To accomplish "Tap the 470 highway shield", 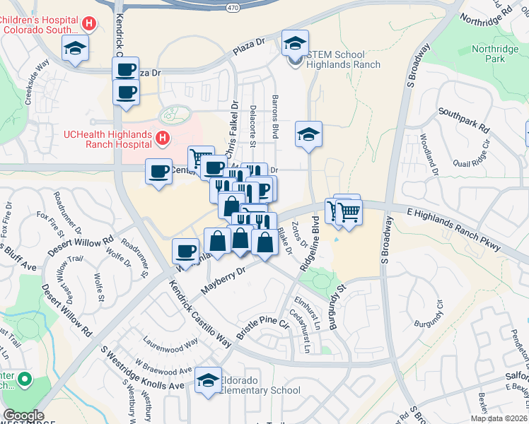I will tap(233, 7).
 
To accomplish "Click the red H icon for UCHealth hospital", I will tap(163, 139).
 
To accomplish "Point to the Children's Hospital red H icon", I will tap(89, 23).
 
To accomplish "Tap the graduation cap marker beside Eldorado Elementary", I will tap(208, 380).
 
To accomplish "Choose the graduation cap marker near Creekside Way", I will tap(74, 49).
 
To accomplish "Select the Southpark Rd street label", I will tap(464, 121).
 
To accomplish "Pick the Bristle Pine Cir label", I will tap(263, 329).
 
